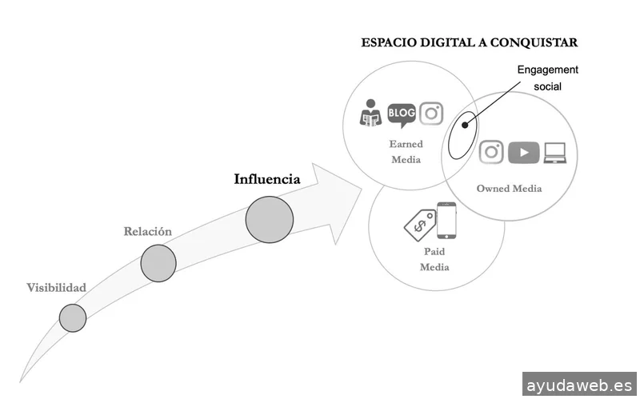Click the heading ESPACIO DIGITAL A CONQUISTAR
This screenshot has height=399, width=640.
click(x=470, y=42)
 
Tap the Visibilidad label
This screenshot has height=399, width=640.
click(x=56, y=288)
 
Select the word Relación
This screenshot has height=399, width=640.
click(x=147, y=232)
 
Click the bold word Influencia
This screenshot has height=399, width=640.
click(x=267, y=179)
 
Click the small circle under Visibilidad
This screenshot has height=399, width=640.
click(x=72, y=317)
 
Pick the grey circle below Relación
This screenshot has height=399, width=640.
click(x=158, y=264)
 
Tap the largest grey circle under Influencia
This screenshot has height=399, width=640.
click(x=270, y=218)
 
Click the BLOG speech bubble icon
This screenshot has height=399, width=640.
click(x=402, y=114)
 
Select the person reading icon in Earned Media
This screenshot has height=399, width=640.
click(x=370, y=114)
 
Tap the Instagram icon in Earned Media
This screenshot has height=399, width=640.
click(x=431, y=114)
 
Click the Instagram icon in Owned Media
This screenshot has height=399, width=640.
click(x=491, y=152)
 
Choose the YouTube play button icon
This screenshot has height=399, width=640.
click(x=523, y=152)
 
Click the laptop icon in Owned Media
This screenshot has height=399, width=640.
click(x=555, y=152)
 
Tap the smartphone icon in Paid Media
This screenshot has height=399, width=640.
click(x=446, y=220)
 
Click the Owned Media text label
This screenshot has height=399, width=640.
click(x=509, y=189)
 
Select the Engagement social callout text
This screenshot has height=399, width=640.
click(x=547, y=78)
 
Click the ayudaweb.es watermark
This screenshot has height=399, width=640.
click(x=579, y=385)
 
